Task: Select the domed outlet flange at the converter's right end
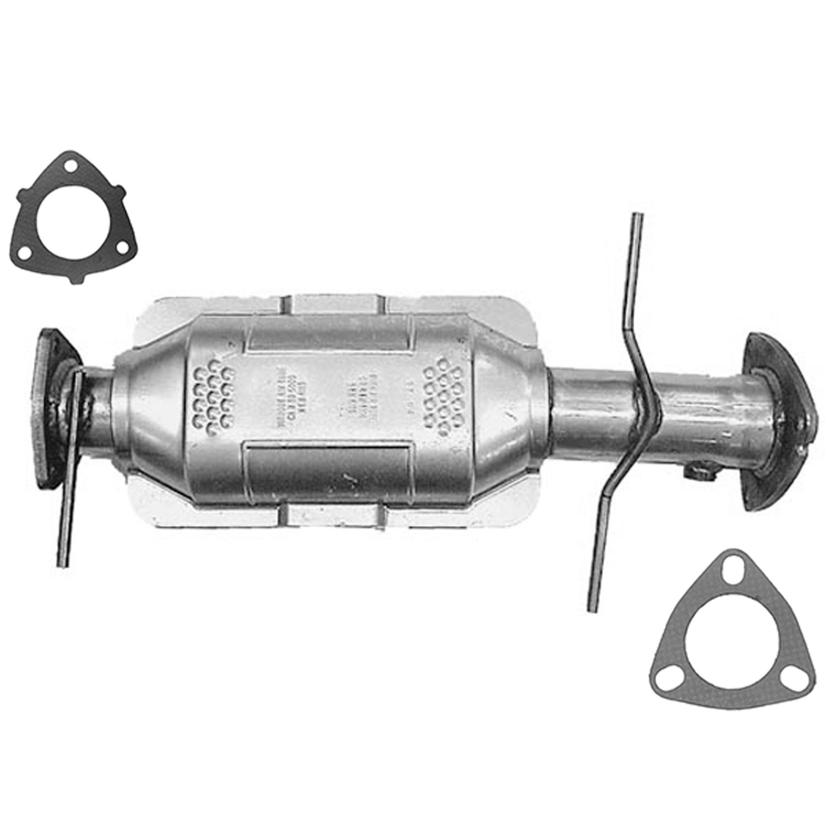tap(770, 421)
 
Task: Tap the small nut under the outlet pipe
tap(696, 470)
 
